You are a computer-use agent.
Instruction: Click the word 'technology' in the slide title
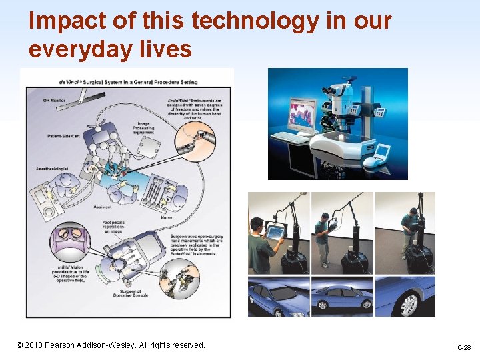point(255,21)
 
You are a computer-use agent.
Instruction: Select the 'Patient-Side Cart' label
point(56,136)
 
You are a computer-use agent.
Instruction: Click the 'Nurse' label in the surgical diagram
point(167,217)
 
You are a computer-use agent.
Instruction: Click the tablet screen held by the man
point(275,232)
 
